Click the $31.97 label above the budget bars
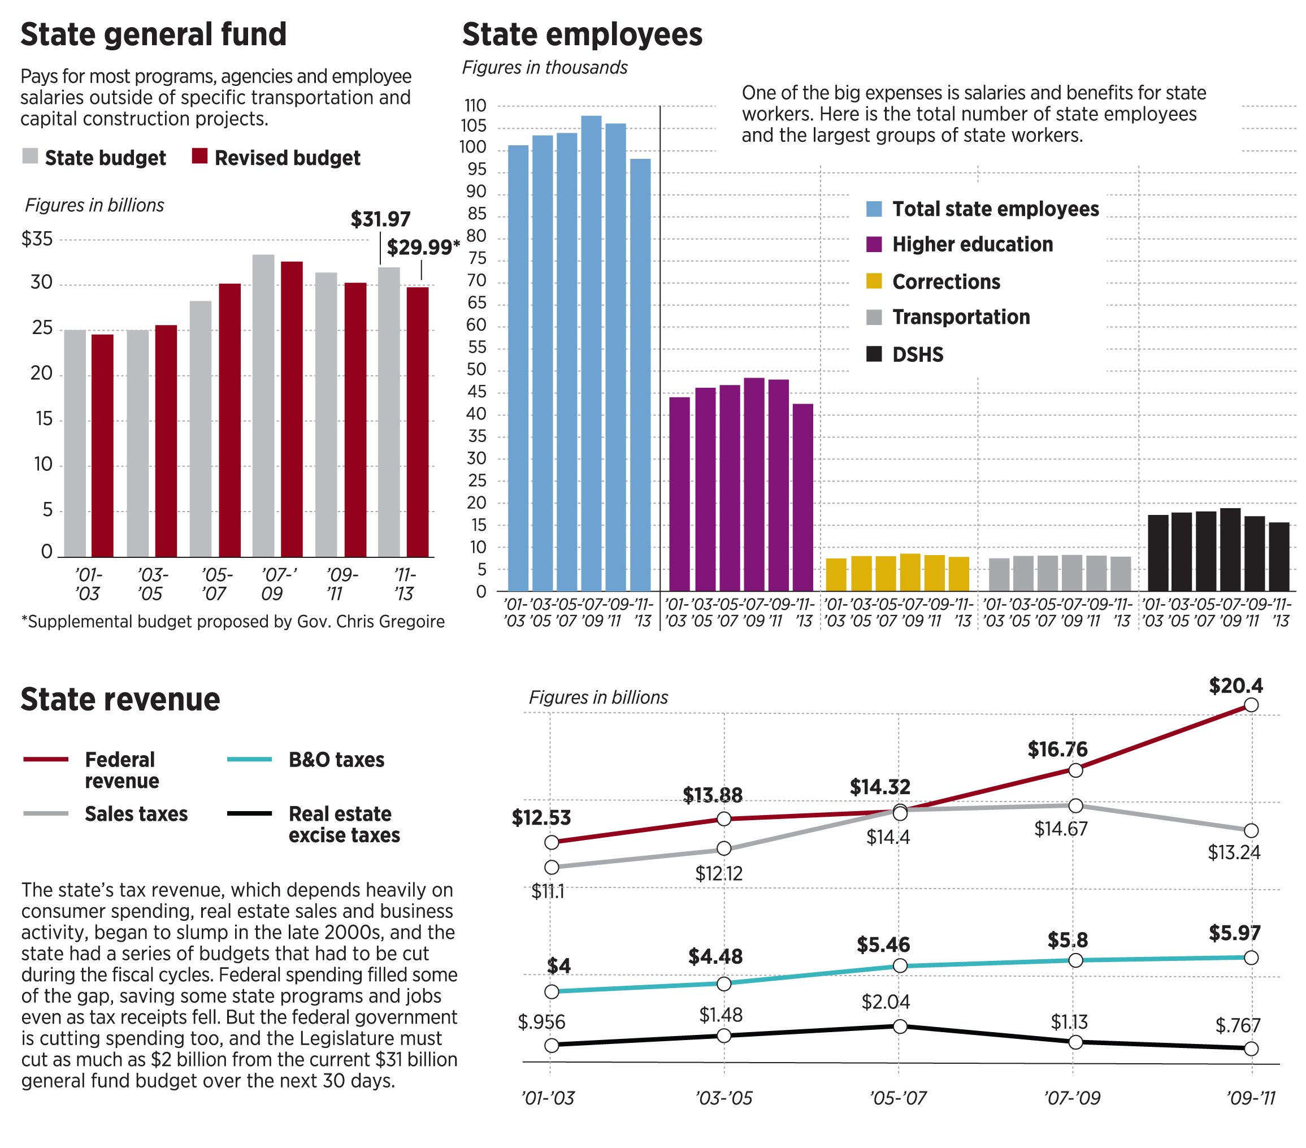tap(380, 219)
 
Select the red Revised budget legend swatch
tap(200, 156)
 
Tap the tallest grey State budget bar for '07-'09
tap(263, 405)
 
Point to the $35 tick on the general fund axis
tap(37, 239)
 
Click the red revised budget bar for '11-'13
tap(418, 422)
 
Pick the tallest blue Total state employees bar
tap(591, 353)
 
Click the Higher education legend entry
tap(972, 244)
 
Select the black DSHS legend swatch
tap(874, 353)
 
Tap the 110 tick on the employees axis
tap(475, 106)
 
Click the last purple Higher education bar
tap(802, 497)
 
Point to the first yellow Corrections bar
tap(836, 574)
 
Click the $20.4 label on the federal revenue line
tap(1236, 686)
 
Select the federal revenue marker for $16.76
tap(1075, 770)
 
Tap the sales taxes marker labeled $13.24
tap(1251, 830)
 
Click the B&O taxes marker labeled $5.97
tap(1251, 958)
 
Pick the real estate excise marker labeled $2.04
tap(900, 1026)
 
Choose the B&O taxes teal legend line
tap(249, 759)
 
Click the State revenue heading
tap(120, 699)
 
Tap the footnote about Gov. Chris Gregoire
tap(233, 621)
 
